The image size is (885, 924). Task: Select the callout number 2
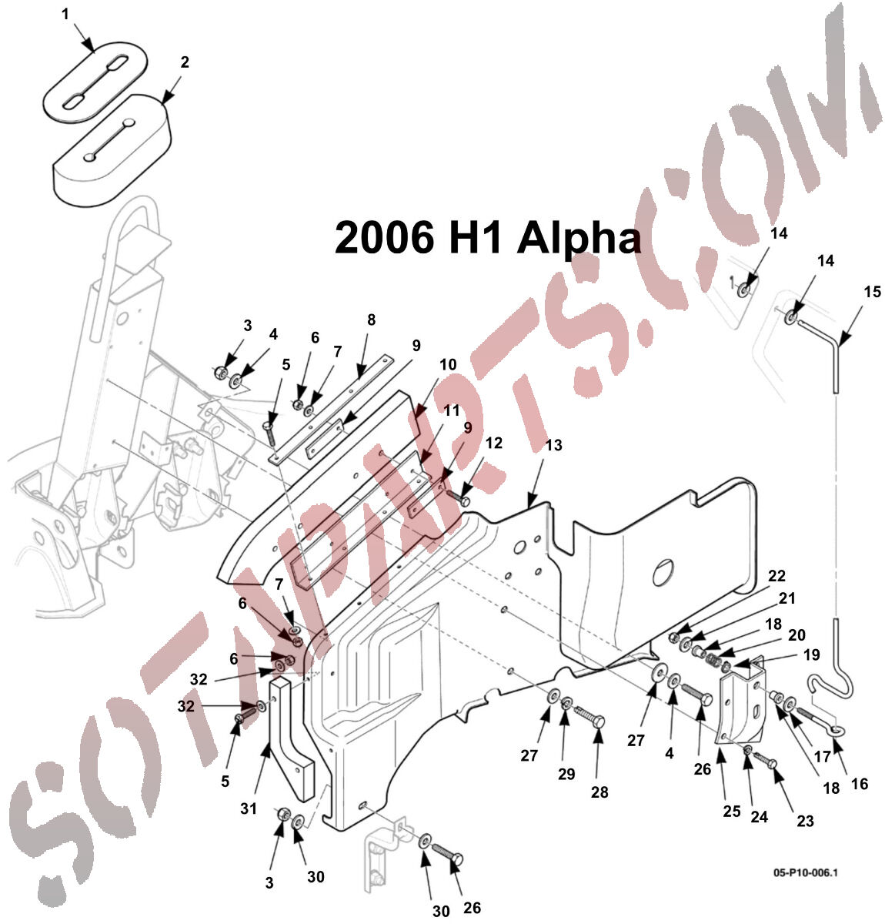point(185,62)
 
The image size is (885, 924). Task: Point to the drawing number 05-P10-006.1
point(805,873)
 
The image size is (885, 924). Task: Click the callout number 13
point(554,445)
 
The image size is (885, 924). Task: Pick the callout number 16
point(859,784)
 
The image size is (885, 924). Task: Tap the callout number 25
point(731,810)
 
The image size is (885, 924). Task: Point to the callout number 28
point(599,791)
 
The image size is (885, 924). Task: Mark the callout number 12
point(494,443)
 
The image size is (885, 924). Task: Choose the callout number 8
point(371,319)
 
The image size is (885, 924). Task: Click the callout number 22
point(777,576)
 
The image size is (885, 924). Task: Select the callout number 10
point(448,364)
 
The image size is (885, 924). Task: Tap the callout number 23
point(805,821)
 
